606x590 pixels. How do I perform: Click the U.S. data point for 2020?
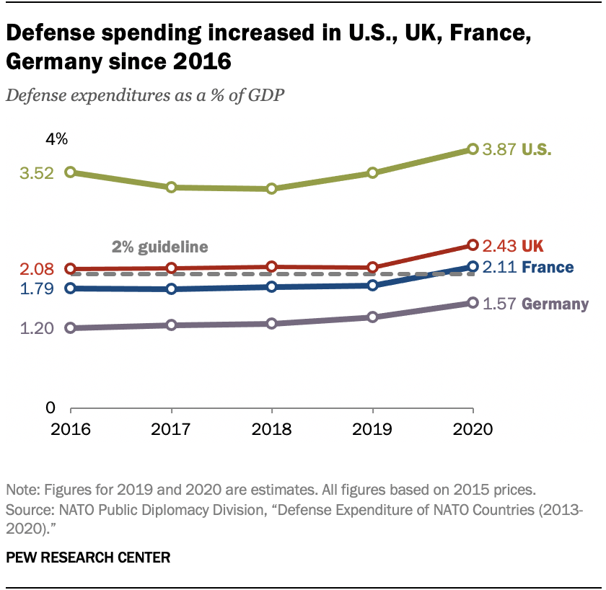point(473,149)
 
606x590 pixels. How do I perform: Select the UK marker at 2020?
point(473,245)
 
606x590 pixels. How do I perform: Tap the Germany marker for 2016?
point(71,328)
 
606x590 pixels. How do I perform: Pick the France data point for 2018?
point(271,287)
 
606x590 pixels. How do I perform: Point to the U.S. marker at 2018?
point(271,189)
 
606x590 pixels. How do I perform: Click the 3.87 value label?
point(499,150)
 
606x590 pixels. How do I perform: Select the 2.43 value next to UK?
point(499,245)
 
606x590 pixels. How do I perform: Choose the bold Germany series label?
point(555,304)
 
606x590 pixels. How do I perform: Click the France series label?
point(548,268)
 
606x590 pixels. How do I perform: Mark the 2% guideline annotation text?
point(159,247)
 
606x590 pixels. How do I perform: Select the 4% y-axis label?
point(56,139)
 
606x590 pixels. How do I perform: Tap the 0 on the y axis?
point(50,408)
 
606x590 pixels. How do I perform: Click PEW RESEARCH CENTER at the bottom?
point(89,558)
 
